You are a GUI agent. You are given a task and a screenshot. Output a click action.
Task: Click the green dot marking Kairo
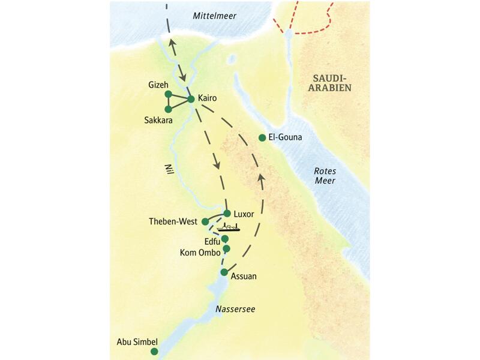[191, 98]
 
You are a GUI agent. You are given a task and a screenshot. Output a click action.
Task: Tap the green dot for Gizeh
[168, 94]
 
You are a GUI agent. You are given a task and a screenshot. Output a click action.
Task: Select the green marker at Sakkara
[168, 109]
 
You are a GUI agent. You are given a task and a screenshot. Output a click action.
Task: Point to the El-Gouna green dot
[262, 138]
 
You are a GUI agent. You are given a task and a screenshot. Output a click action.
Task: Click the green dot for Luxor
[227, 213]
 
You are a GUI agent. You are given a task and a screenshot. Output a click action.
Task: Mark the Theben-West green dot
[205, 221]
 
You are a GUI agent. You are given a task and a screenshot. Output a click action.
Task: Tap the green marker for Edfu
[225, 239]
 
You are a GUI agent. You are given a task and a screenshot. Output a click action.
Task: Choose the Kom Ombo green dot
[226, 248]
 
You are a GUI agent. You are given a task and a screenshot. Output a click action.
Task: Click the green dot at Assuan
[224, 272]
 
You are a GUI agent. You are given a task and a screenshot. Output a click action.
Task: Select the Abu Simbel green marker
[154, 351]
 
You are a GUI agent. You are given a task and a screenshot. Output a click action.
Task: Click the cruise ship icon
[229, 227]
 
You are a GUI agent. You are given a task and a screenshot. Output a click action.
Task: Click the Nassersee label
[235, 309]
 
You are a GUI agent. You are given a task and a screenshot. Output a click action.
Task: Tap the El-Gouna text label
[285, 137]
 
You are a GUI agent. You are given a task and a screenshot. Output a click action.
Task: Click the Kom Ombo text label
[200, 253]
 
